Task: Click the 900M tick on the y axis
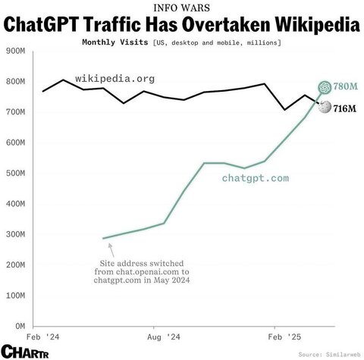[14, 51]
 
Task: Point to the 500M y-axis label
[14, 173]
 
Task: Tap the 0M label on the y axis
[19, 326]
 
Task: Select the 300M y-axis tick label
[14, 234]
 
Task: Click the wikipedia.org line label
[115, 78]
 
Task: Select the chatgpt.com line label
[256, 179]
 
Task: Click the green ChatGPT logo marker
[324, 87]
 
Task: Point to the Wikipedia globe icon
[324, 108]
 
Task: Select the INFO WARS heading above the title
[181, 9]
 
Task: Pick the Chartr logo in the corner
[24, 351]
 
